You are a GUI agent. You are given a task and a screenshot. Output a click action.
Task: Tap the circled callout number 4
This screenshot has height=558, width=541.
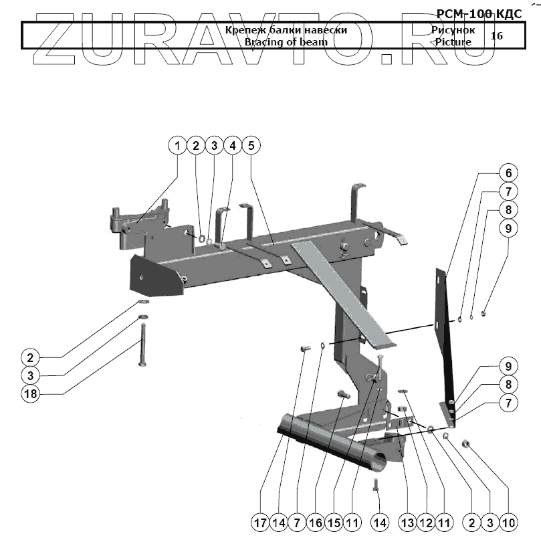232,145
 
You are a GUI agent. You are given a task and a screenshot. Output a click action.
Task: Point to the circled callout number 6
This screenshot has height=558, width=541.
508,173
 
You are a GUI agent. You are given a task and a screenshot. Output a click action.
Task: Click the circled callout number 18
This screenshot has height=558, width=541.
31,394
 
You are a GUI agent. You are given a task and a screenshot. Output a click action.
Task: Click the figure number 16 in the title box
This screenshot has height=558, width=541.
496,35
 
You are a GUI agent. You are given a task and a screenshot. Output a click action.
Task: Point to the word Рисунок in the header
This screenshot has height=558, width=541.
453,30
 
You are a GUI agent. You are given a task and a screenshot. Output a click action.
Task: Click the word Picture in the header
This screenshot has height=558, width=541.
453,41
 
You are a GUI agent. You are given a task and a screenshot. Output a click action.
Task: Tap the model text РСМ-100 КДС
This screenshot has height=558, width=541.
479,13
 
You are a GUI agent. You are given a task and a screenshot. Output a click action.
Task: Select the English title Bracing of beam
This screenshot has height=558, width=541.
286,41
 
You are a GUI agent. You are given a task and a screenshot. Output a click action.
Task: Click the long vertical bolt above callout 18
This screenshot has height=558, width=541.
142,343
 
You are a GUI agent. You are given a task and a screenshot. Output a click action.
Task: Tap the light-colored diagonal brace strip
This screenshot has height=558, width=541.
341,294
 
